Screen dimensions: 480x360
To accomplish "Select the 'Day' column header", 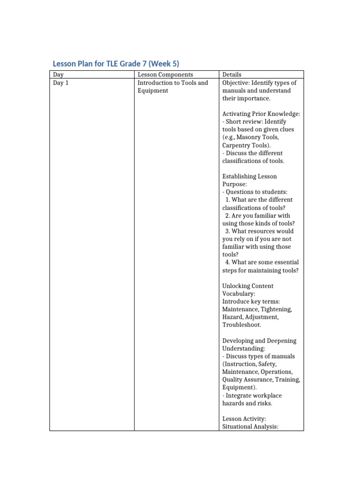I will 58,75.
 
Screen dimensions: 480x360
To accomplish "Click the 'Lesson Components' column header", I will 165,75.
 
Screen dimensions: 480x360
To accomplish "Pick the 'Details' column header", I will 232,75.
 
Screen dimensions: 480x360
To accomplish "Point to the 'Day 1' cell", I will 60,83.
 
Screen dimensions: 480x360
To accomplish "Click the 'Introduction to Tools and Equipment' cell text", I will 172,87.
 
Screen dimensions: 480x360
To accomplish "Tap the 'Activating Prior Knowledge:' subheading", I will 261,114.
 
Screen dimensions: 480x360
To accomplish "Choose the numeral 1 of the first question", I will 227,200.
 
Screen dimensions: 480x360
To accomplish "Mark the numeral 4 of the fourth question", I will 227,262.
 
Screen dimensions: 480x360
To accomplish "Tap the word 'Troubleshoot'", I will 241,325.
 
